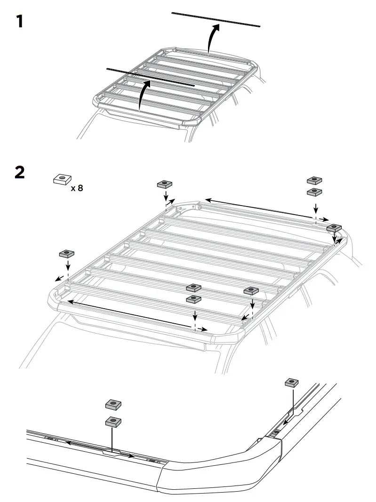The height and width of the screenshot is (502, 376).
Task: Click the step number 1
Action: [19, 22]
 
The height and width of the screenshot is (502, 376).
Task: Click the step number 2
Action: [20, 172]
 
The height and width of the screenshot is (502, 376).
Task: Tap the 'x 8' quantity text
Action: [77, 189]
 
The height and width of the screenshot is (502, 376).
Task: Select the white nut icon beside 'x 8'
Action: [62, 179]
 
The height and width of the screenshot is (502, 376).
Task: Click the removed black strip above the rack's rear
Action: [216, 19]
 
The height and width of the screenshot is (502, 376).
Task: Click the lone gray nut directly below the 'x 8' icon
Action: [67, 254]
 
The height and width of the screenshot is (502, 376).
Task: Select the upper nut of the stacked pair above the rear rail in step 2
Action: [314, 180]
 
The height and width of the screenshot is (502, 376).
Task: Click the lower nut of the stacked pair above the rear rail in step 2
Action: [314, 191]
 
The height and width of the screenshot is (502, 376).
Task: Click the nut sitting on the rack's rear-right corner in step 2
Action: [335, 228]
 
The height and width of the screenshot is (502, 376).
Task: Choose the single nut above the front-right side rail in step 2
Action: [251, 291]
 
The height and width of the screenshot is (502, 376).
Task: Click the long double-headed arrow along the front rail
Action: [132, 312]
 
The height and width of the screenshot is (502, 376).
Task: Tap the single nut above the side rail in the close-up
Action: [292, 382]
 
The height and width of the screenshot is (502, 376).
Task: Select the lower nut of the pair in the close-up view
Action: [113, 421]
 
